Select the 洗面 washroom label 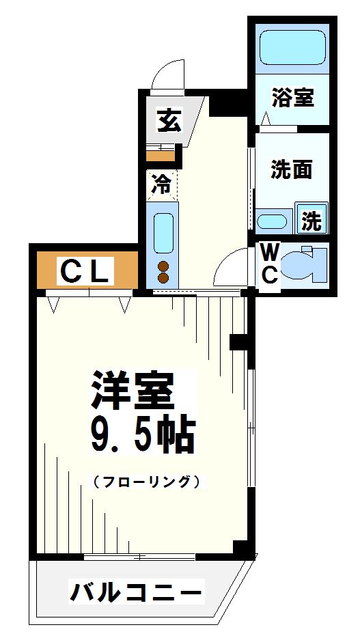click(291, 169)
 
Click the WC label click(269, 264)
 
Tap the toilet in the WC click(305, 264)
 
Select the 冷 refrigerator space click(162, 184)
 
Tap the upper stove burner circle click(163, 266)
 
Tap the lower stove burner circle click(163, 277)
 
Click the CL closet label click(84, 271)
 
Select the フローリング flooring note click(146, 482)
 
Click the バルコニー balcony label click(137, 590)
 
